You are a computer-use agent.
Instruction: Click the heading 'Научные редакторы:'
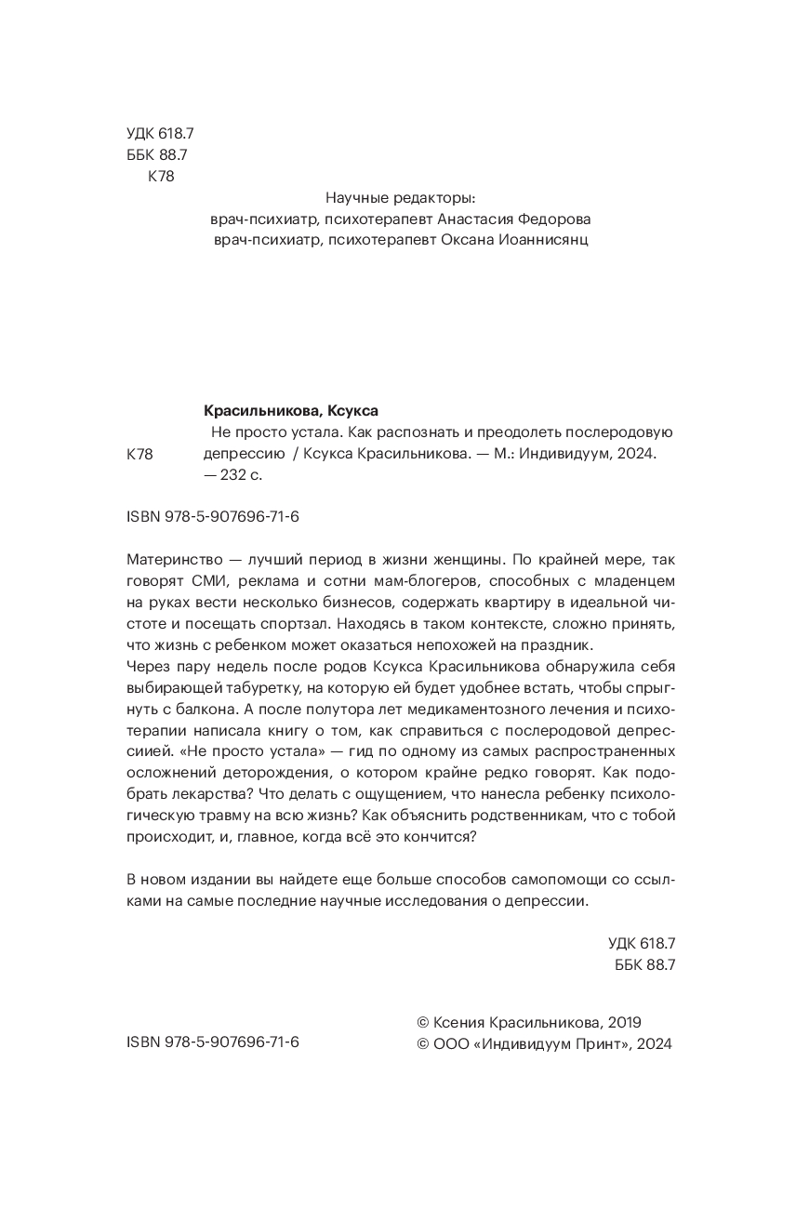[x=401, y=198]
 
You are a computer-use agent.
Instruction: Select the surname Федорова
[x=551, y=219]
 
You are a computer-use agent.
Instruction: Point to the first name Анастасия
[x=471, y=219]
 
